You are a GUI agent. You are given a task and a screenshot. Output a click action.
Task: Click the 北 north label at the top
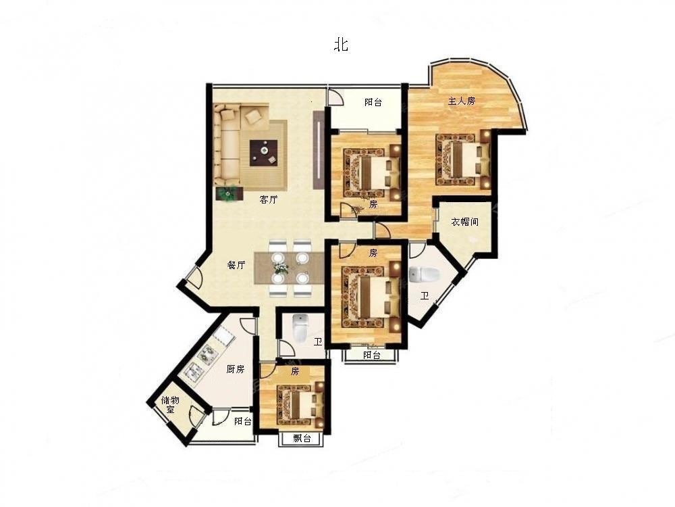click(x=341, y=45)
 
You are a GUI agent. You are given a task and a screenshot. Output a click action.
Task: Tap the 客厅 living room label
click(x=268, y=199)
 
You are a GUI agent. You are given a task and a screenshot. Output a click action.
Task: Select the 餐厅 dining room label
click(x=236, y=265)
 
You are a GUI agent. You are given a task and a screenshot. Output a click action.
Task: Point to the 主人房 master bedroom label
click(x=462, y=101)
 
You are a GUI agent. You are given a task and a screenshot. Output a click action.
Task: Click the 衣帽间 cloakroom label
click(x=464, y=222)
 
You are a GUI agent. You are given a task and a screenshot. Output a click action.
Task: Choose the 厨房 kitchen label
click(x=236, y=369)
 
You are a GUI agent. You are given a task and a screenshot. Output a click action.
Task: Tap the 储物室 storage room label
click(x=170, y=404)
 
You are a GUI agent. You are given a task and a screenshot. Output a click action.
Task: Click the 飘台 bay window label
click(x=302, y=439)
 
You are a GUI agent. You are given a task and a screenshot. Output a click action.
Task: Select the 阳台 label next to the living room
click(x=373, y=102)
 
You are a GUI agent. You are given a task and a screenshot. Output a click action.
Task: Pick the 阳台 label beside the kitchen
click(x=243, y=421)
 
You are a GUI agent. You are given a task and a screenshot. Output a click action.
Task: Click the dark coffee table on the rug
click(x=263, y=153)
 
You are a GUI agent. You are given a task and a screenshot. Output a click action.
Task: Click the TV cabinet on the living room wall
click(x=318, y=149)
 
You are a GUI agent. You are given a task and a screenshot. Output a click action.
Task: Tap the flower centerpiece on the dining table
click(x=281, y=268)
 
